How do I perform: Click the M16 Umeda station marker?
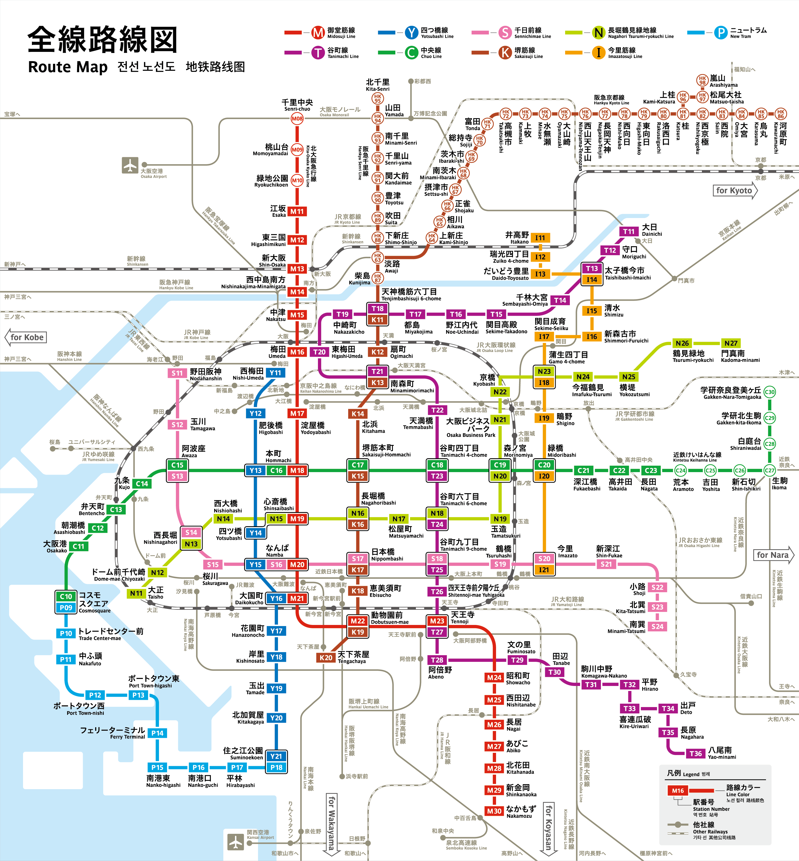(x=297, y=352)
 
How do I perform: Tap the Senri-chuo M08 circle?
(x=297, y=118)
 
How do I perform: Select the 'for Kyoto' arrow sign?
(x=734, y=191)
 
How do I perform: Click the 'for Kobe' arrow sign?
(x=26, y=337)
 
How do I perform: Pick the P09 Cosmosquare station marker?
(x=66, y=607)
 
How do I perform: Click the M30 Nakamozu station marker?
(x=494, y=811)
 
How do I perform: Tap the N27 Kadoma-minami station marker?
(x=731, y=343)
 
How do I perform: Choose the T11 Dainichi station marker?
(x=629, y=232)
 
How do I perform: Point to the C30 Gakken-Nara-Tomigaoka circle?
(x=770, y=392)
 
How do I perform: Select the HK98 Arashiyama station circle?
(x=702, y=80)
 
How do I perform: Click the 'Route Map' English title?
(x=68, y=67)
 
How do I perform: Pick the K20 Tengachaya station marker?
(x=326, y=657)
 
